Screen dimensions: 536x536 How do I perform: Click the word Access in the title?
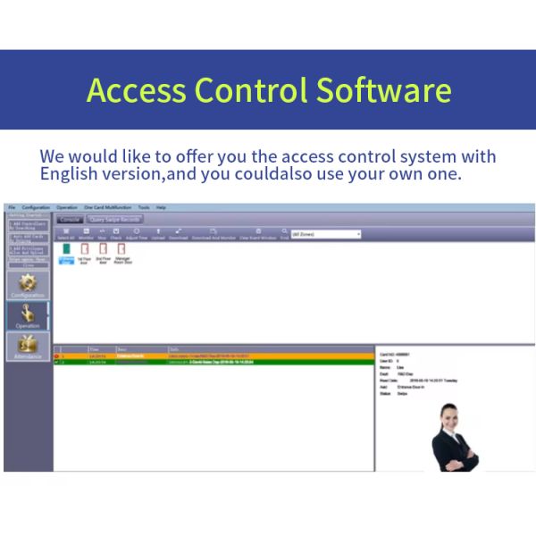(136, 90)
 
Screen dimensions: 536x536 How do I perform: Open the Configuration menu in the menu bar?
(36, 207)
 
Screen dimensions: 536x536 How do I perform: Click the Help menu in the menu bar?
(162, 207)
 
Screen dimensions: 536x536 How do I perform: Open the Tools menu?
(144, 207)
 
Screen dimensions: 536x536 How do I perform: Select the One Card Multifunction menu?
(108, 207)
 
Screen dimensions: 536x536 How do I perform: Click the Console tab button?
(70, 219)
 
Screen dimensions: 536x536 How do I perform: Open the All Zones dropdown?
(326, 234)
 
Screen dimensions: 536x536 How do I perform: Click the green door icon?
(66, 254)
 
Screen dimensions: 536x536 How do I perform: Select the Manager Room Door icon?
(122, 254)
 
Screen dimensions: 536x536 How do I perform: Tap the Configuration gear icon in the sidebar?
(27, 285)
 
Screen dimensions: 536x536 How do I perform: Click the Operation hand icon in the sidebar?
(27, 314)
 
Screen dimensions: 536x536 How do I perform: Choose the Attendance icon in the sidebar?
(27, 346)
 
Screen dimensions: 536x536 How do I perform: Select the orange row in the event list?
(214, 356)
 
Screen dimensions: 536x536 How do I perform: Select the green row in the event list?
(214, 362)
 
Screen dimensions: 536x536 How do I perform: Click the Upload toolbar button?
(158, 234)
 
